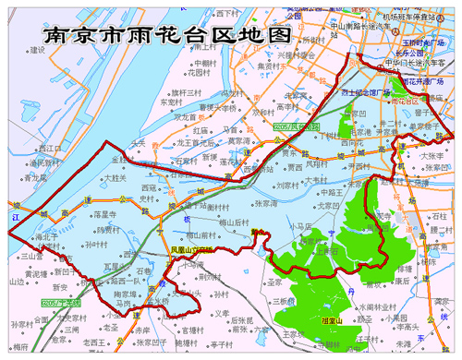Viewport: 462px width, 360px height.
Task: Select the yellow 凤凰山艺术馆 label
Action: [x=192, y=249]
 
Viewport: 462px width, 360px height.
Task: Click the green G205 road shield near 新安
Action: [x=60, y=302]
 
